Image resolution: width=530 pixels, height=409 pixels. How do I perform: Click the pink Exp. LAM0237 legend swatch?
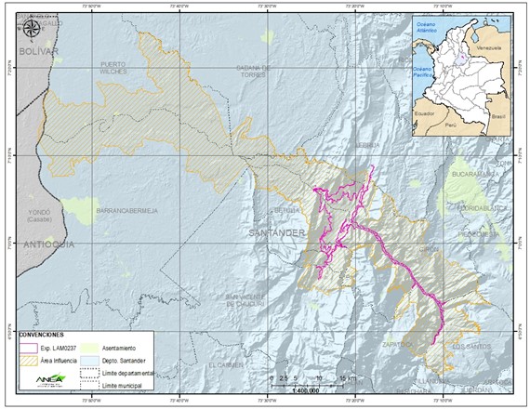coord(28,345)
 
